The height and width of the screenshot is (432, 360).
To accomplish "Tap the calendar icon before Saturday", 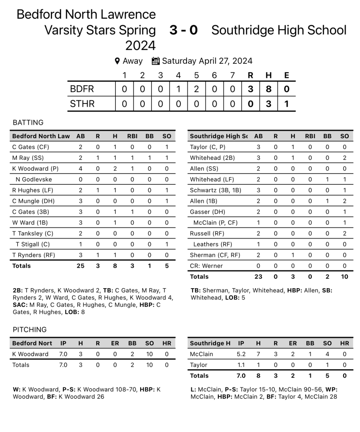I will click(156, 61).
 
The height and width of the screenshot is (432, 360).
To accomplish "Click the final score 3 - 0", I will click(183, 30).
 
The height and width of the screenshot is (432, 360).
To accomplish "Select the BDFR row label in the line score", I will click(82, 89).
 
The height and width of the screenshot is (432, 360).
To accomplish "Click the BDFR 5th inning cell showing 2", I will click(196, 89).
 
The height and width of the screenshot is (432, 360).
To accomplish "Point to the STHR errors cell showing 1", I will click(286, 104).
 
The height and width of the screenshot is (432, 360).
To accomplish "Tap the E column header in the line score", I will click(286, 75).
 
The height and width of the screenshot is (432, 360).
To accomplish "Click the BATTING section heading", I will click(28, 123).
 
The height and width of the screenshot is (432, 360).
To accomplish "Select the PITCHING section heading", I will click(30, 330).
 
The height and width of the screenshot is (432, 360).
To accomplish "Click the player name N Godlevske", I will click(34, 179).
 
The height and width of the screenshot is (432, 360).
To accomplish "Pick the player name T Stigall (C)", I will click(33, 244).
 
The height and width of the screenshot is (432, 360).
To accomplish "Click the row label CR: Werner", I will click(206, 266).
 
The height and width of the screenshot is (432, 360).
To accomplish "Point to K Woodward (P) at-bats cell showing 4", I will click(81, 169).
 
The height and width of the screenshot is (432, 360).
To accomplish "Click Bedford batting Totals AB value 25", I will click(81, 266).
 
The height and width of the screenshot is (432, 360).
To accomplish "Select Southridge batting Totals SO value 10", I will click(345, 276).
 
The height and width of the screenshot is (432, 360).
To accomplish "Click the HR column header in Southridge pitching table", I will click(345, 343).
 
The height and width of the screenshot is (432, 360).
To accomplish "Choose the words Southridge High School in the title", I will click(279, 30).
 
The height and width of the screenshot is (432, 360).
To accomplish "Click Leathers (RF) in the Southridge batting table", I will click(212, 244).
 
